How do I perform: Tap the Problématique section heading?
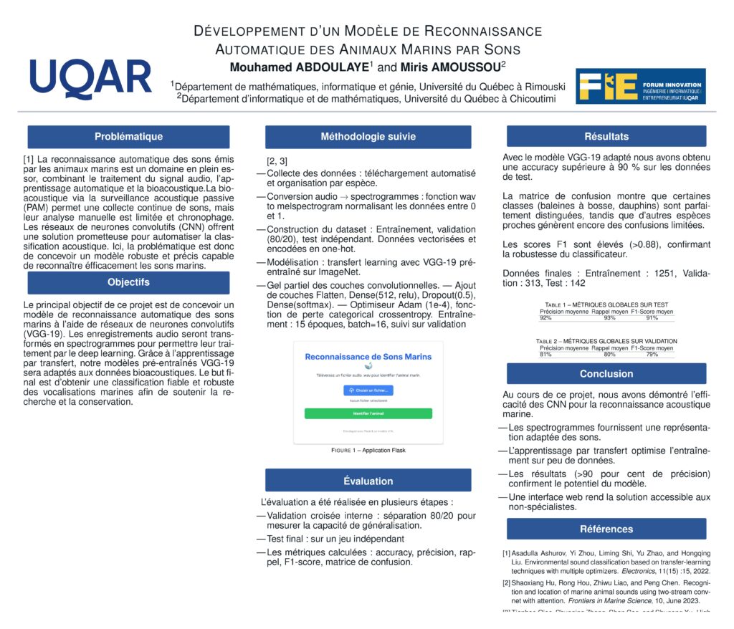[x=128, y=136]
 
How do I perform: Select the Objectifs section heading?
[x=128, y=282]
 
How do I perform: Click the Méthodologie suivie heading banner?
[x=368, y=136]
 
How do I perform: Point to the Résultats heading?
[x=606, y=136]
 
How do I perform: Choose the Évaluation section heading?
[x=368, y=481]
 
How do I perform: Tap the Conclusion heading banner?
[x=606, y=373]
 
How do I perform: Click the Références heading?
[x=606, y=529]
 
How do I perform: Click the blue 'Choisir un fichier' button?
[x=368, y=390]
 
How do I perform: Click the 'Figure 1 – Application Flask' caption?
[x=368, y=451]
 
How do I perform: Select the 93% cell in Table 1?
[x=610, y=317]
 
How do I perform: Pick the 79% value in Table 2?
[x=652, y=354]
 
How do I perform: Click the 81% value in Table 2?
[x=545, y=354]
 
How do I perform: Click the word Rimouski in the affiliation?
[x=540, y=87]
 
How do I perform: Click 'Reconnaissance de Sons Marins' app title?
[x=368, y=356]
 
